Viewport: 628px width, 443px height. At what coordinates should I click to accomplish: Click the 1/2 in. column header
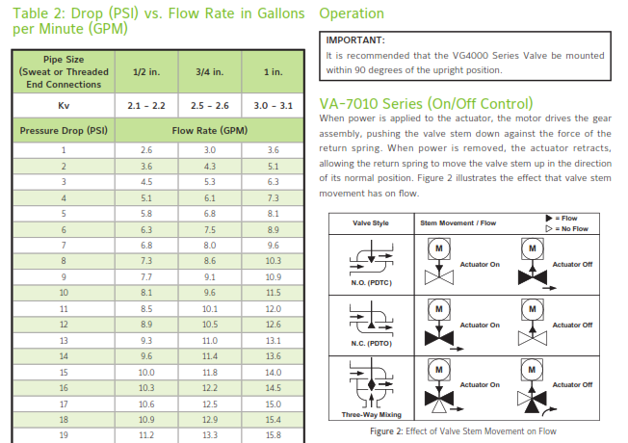146,72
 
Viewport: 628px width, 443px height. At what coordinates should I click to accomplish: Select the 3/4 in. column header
209,72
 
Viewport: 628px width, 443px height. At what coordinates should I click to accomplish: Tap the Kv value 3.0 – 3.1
274,106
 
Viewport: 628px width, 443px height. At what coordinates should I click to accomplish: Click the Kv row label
64,106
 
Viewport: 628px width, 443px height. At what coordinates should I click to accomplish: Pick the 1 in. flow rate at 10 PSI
274,293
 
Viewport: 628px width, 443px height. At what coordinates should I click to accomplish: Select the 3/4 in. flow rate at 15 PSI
210,373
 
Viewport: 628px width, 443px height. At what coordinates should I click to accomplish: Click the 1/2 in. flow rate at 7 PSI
146,246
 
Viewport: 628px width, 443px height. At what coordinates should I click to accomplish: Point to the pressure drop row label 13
64,341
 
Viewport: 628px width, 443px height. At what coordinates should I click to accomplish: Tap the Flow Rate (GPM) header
210,131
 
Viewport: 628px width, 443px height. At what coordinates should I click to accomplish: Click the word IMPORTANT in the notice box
355,40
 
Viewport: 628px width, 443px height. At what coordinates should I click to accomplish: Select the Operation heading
352,13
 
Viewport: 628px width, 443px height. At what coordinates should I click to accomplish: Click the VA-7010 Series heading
426,104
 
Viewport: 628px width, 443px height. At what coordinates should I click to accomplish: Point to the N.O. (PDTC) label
371,283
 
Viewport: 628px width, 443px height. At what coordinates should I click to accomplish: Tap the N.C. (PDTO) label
371,343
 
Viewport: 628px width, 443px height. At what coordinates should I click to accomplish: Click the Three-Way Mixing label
371,414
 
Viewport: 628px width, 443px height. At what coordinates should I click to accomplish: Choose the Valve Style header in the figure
371,223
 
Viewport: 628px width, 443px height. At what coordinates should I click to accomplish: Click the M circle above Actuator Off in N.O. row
533,248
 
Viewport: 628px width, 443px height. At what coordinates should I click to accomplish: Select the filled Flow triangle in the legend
549,219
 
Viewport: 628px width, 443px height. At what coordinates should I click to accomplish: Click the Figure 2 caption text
463,431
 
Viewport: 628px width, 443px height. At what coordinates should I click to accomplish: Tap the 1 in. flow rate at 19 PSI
274,435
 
